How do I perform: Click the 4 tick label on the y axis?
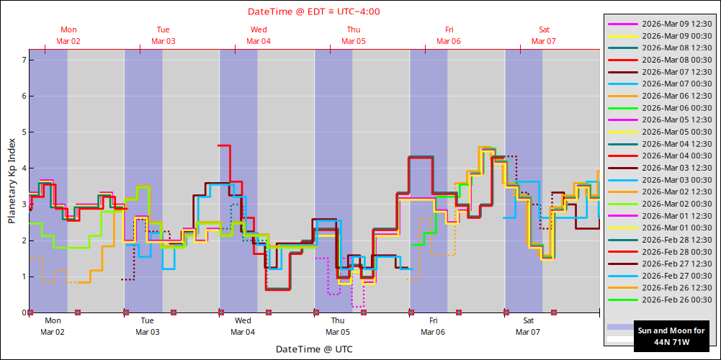click(24, 168)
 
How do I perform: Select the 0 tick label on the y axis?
click(24, 313)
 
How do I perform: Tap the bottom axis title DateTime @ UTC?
click(314, 349)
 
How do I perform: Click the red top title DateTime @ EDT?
click(314, 12)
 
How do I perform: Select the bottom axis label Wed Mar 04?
click(243, 326)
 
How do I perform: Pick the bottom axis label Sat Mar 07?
click(528, 326)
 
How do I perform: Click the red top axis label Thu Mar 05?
click(354, 35)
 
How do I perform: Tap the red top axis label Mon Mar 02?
click(68, 35)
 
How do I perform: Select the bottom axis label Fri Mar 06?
click(433, 326)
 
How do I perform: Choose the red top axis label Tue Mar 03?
click(164, 35)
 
